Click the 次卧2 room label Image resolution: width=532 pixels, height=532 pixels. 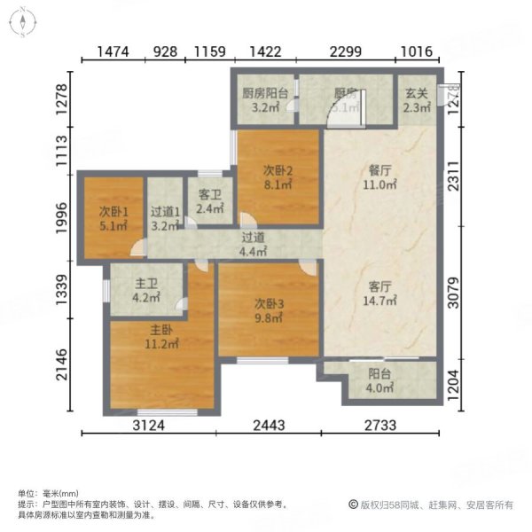[278, 170]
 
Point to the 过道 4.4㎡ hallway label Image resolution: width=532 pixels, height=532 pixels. [254, 237]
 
